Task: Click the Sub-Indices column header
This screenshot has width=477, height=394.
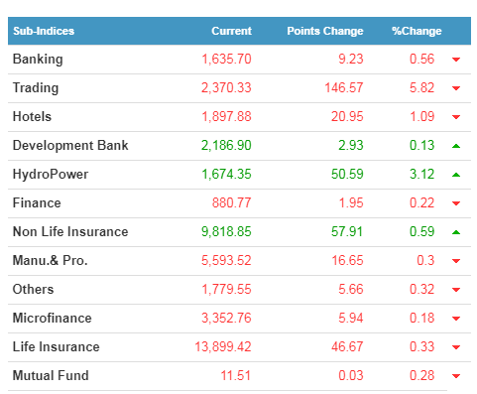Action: (44, 31)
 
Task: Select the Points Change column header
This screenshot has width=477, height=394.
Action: (325, 31)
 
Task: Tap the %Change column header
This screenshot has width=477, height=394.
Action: (417, 31)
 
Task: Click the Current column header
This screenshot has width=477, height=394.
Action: (231, 31)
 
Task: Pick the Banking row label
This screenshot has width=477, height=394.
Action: (38, 60)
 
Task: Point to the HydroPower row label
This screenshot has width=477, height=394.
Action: (51, 175)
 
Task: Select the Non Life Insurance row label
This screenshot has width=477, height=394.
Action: (70, 231)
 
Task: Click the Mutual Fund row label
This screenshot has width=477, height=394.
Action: (51, 375)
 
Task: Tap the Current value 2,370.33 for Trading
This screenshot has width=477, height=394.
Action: (226, 88)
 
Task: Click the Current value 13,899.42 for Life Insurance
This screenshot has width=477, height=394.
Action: (223, 346)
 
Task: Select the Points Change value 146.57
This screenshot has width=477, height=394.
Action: (344, 88)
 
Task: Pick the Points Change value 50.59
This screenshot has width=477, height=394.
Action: (347, 174)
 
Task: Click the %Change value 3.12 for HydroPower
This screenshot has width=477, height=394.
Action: (421, 174)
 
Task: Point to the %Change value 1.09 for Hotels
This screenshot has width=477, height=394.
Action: (421, 116)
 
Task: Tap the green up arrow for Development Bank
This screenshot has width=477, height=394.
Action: (456, 146)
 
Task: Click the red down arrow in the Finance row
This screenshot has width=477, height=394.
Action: (456, 203)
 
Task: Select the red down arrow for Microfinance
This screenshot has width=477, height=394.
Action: (456, 319)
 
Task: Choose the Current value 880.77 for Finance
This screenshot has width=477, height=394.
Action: (231, 202)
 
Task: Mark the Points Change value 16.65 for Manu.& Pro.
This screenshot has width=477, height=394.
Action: (347, 260)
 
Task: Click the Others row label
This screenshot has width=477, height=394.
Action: (33, 289)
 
